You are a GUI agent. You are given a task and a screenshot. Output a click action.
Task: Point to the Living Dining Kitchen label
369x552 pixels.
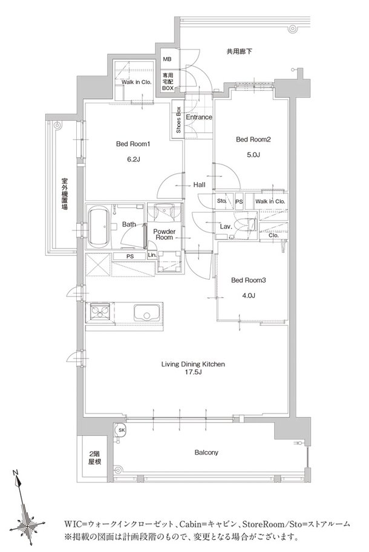193,364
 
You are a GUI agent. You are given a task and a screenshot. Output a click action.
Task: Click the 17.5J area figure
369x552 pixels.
193,374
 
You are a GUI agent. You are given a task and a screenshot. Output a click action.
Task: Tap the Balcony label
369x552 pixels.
206,452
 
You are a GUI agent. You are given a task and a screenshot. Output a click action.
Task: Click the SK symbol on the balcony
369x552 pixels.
122,430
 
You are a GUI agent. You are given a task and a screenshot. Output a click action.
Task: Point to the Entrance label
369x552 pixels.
198,117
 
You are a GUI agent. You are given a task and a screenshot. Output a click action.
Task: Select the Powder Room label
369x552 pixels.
164,234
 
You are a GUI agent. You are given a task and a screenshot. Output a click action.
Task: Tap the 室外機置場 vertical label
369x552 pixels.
64,193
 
